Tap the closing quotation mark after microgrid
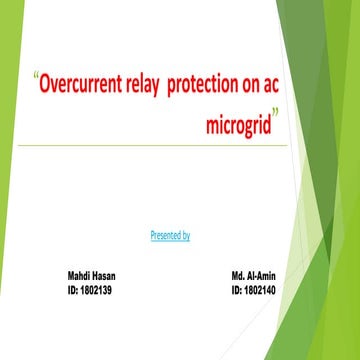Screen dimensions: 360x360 tap(276, 119)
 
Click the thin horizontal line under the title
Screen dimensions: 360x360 tap(160, 146)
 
